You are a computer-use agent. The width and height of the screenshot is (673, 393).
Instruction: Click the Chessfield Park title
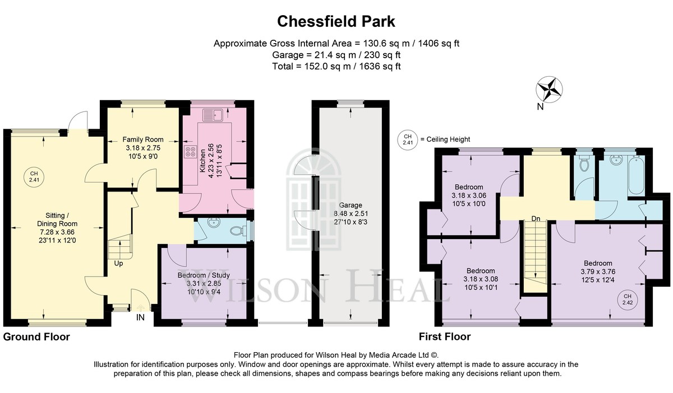point(336,22)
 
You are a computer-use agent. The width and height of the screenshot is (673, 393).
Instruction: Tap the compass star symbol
point(549,90)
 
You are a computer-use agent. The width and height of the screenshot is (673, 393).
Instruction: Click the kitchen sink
point(213,115)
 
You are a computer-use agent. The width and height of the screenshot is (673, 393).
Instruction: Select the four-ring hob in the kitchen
point(191,152)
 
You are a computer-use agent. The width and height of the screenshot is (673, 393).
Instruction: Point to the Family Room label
point(143,139)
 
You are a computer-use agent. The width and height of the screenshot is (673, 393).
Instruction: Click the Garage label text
point(351,205)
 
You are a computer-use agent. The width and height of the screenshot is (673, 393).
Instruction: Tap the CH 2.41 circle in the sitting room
point(34,177)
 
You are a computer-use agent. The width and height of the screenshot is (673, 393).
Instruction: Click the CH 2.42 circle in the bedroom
point(628,300)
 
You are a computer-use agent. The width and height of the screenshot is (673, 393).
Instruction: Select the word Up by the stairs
point(118,264)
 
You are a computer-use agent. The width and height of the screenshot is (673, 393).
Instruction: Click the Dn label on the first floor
point(536,219)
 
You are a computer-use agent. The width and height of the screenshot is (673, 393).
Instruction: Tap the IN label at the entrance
point(140,317)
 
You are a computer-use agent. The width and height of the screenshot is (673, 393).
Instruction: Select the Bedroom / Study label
point(204,275)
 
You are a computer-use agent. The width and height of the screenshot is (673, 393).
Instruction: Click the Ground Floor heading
point(36,336)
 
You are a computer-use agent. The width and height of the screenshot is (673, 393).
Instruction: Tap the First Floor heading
point(445,336)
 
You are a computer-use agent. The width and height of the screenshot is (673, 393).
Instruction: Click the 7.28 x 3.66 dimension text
point(57,232)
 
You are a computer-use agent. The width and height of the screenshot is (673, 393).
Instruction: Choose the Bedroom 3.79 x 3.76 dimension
point(598,272)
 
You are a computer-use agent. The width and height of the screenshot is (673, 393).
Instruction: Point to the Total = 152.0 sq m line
point(336,66)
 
